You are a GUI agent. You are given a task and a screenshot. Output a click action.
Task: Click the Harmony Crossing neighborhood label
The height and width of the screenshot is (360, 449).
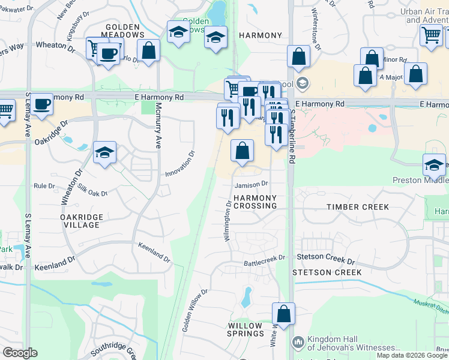pos(255,202)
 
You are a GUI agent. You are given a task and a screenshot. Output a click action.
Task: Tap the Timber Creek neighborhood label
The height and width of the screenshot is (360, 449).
pos(358,207)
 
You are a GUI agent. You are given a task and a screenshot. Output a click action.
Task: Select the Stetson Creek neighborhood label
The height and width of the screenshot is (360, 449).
pos(327,272)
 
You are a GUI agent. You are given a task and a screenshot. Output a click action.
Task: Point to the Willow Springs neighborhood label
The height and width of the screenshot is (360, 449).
pos(246,329)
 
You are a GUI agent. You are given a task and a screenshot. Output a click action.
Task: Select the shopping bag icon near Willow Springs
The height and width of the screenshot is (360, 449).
pos(283,313)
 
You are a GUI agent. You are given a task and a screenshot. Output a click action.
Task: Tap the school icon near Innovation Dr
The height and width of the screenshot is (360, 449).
pos(104,152)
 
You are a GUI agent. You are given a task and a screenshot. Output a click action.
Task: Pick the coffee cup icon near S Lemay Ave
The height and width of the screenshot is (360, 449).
pos(42,104)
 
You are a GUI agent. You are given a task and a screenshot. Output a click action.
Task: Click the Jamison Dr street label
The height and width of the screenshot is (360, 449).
pos(251,185)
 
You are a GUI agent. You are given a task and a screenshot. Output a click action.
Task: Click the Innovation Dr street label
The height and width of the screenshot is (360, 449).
pos(181,164)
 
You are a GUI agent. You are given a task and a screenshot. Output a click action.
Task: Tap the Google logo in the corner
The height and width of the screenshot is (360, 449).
pos(20,353)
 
